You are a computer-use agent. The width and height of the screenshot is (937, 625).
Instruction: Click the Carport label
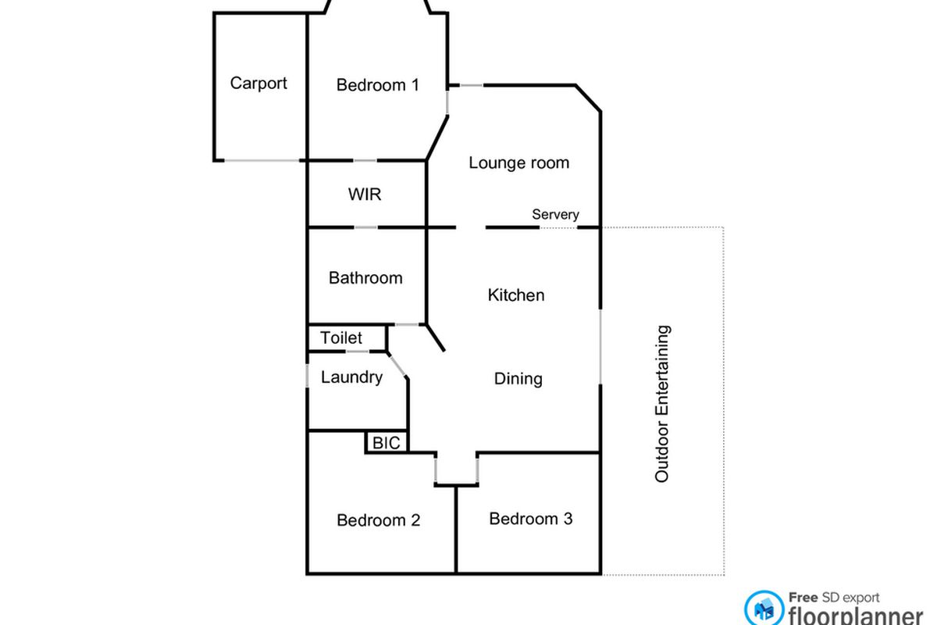[x=258, y=83]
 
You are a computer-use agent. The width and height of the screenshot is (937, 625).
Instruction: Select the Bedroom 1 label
[x=377, y=84]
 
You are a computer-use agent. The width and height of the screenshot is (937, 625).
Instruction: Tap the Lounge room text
[x=518, y=162]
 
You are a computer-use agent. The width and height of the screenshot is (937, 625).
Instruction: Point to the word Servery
[x=555, y=214]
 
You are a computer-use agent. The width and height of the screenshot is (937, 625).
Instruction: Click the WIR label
[x=365, y=194]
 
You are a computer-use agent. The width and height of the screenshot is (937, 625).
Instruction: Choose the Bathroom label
[x=365, y=277]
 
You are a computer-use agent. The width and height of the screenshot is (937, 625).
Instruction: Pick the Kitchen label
[x=515, y=295]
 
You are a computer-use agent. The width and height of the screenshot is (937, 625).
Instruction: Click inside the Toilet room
[x=342, y=337]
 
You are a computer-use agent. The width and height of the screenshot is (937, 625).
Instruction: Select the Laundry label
[x=351, y=377]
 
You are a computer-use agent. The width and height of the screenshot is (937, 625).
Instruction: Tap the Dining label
[x=518, y=379]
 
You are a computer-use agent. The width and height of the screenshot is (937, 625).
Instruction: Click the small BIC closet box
[x=386, y=443]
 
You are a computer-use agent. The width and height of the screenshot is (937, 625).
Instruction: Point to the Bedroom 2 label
[x=379, y=520]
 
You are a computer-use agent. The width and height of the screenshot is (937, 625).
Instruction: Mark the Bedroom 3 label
[x=530, y=519]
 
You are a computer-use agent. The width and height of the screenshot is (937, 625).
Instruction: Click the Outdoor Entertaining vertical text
[x=662, y=404]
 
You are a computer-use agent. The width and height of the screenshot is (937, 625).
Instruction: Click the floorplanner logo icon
[x=763, y=609]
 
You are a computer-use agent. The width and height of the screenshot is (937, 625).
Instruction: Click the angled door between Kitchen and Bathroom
[x=435, y=337]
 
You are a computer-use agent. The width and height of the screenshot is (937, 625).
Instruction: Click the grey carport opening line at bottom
[x=262, y=161]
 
